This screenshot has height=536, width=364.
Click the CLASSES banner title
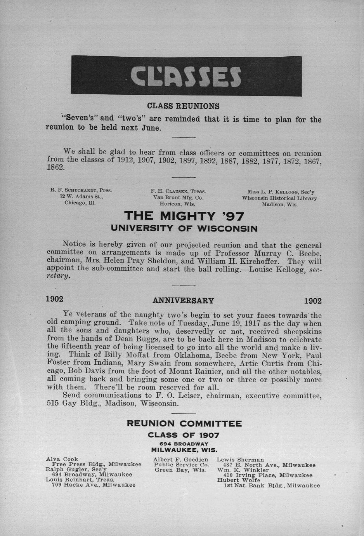[186, 76]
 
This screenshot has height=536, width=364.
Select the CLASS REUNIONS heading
[183, 106]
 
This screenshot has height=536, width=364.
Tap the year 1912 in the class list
[125, 161]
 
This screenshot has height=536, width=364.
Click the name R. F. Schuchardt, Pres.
[81, 190]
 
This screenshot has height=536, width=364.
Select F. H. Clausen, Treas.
[178, 191]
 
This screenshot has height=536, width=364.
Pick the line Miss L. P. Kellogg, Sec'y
[281, 192]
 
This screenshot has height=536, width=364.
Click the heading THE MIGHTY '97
[184, 216]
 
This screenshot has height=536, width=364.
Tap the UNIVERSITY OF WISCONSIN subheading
[184, 228]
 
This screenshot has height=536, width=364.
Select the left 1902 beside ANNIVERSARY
[55, 299]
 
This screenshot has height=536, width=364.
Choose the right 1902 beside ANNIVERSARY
[312, 301]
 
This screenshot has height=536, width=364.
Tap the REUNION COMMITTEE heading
[184, 423]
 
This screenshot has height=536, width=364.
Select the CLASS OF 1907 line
[184, 435]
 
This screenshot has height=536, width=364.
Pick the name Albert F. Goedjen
[180, 459]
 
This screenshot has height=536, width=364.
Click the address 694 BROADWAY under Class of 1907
[184, 444]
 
